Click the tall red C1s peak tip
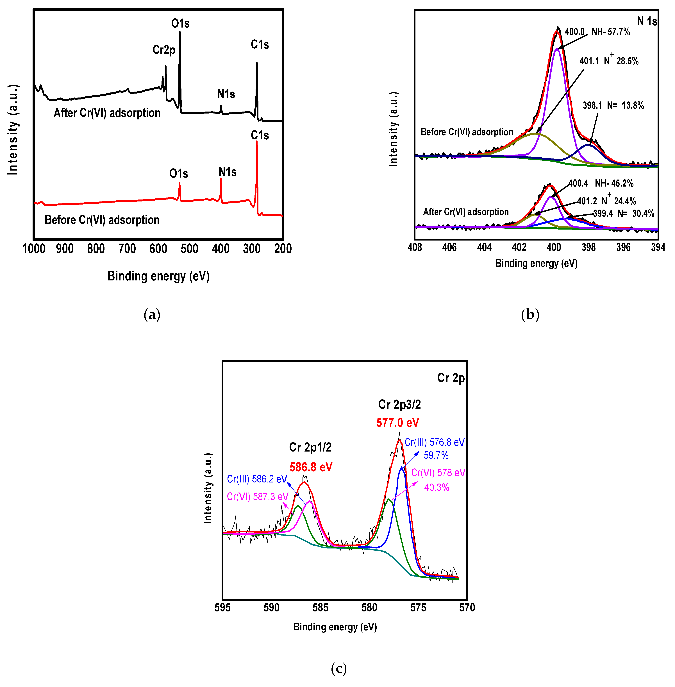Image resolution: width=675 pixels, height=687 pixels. [x=257, y=142]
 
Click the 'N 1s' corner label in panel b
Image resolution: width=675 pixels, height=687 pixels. [x=647, y=21]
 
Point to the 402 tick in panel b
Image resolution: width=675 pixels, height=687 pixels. [x=519, y=247]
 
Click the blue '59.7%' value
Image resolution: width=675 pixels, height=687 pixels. [x=436, y=455]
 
